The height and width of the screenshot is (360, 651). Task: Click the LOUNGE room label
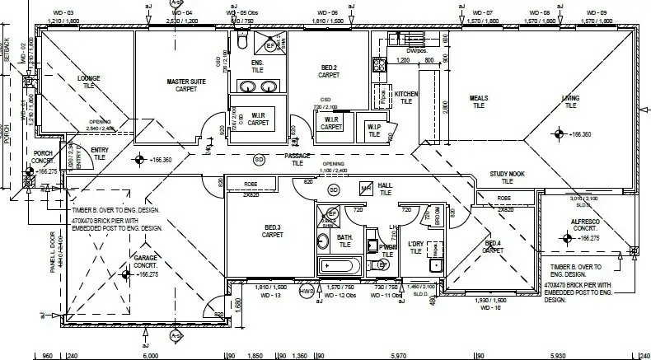coord(89,78)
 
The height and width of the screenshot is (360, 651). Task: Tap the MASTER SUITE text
coord(186,82)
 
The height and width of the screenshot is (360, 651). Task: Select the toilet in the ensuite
coord(241,40)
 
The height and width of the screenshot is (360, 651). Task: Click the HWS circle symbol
coord(307,291)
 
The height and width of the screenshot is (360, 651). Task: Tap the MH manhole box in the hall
coord(366,189)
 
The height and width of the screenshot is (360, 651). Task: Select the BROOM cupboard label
coord(436,216)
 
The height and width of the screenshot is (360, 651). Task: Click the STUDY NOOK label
coord(507,174)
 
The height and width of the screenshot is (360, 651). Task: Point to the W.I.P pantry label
coord(373,127)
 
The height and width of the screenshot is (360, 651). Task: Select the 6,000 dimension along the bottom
coord(150,355)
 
